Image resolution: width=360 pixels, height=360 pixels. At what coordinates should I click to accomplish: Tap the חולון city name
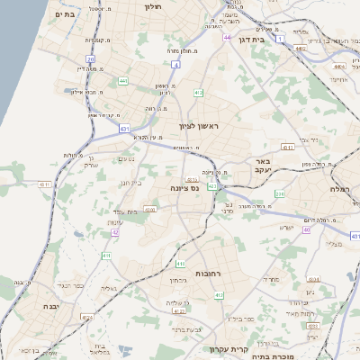152,6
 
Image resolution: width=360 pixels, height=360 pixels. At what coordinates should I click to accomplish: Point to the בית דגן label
256,40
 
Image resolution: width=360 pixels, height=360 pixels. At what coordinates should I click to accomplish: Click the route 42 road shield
115,232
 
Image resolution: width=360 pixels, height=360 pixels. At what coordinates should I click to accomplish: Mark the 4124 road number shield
149,209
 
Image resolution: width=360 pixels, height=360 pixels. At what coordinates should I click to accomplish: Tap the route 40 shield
305,229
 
